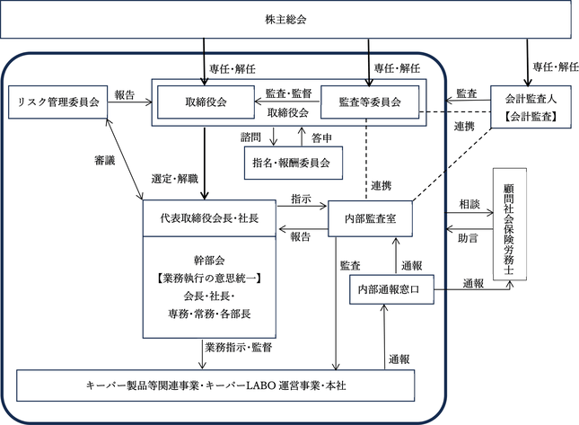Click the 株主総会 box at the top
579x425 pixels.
click(x=285, y=19)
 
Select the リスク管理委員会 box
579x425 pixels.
click(x=58, y=102)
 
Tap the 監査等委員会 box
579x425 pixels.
click(x=370, y=102)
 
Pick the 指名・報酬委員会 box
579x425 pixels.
click(x=294, y=163)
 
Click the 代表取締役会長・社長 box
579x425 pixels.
click(x=209, y=218)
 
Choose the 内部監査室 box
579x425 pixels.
click(x=370, y=218)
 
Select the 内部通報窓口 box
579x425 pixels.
click(x=391, y=289)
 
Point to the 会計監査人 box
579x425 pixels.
click(x=531, y=107)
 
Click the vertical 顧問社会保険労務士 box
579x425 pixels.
click(x=510, y=224)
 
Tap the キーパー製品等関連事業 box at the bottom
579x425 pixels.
click(x=215, y=385)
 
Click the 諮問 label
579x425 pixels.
click(x=250, y=137)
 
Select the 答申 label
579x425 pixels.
click(x=321, y=138)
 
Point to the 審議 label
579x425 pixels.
click(x=104, y=161)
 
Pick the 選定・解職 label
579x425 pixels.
click(x=175, y=179)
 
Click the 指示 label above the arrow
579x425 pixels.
click(x=301, y=199)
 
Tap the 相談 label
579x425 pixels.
click(x=469, y=204)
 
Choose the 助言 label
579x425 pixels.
click(x=468, y=238)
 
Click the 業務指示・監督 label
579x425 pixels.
click(x=239, y=348)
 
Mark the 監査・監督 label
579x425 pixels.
click(x=289, y=93)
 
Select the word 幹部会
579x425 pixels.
click(x=209, y=261)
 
